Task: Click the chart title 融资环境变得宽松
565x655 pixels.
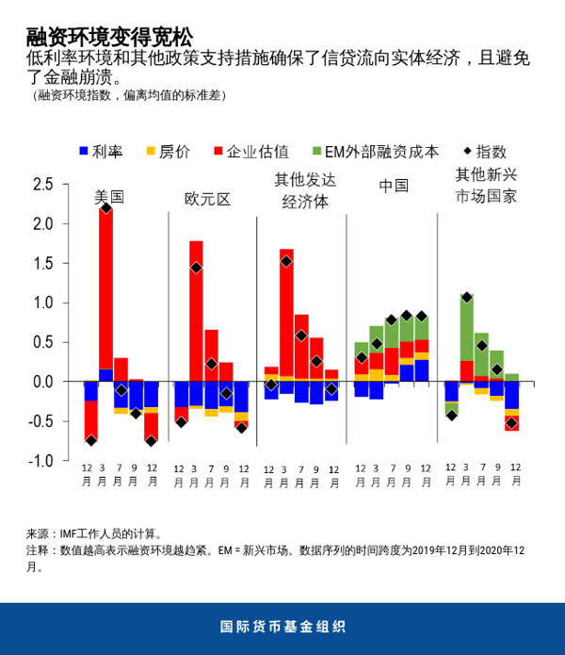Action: coord(109,37)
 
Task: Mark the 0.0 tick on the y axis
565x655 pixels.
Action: coord(42,382)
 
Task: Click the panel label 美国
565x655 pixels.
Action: coord(109,198)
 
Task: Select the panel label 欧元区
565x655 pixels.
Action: coord(207,199)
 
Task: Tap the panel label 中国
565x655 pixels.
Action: coord(393,186)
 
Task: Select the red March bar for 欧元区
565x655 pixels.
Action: coord(196,311)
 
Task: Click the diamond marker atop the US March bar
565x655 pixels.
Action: coord(105,208)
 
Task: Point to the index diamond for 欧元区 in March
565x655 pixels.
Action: coord(196,268)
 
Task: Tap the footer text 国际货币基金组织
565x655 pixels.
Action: coord(282,627)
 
